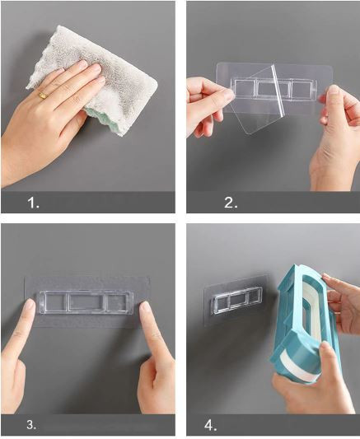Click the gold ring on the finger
(x=43, y=96)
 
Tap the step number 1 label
(x=33, y=203)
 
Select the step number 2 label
(x=231, y=203)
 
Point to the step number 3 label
(x=31, y=425)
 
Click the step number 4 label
(x=211, y=426)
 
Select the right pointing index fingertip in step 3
(x=146, y=308)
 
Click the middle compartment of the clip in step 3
(x=86, y=302)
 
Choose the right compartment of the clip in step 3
(x=117, y=302)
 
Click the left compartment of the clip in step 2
(x=244, y=88)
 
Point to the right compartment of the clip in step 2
(x=302, y=88)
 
